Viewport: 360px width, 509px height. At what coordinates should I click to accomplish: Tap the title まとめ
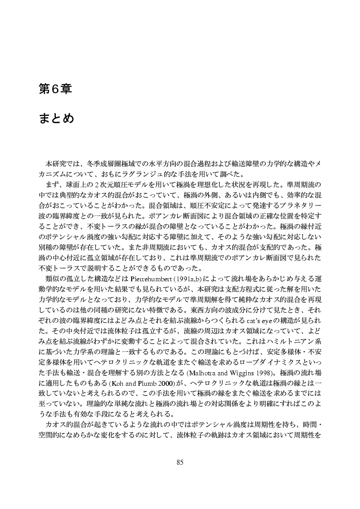tap(57, 118)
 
